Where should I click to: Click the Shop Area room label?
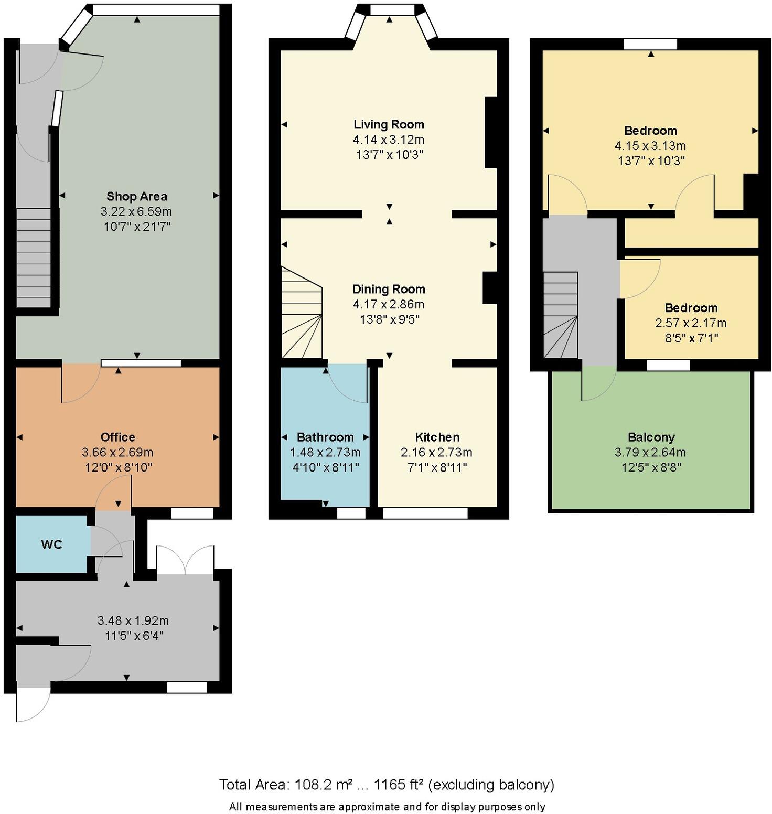[x=137, y=197]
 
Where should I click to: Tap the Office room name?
[x=118, y=437]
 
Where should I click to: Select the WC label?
[x=51, y=544]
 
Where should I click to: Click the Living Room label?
[x=389, y=125]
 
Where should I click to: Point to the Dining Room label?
[x=389, y=290]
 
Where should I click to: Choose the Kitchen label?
[x=437, y=437]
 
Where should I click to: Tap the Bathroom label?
[x=325, y=437]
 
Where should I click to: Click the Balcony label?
[x=651, y=437]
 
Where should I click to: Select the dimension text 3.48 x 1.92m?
[x=133, y=621]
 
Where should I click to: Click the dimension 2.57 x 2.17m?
[x=691, y=323]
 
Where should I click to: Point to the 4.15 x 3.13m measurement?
[x=650, y=146]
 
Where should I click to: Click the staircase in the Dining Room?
[x=302, y=315]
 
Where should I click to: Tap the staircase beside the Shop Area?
[x=34, y=257]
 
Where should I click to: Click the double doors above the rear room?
[x=185, y=560]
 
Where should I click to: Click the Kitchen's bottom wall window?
[x=425, y=513]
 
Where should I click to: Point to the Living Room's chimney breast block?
[x=490, y=132]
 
